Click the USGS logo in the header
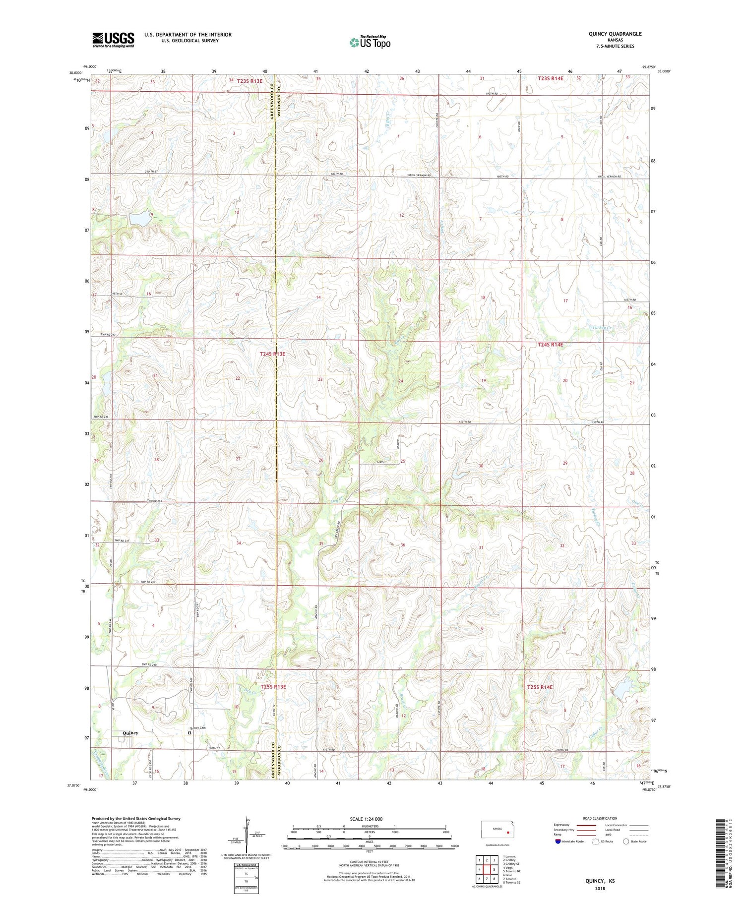click(113, 40)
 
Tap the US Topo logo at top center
click(370, 43)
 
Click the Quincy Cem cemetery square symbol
click(189, 732)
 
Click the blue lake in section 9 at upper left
click(139, 218)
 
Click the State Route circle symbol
click(626, 841)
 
